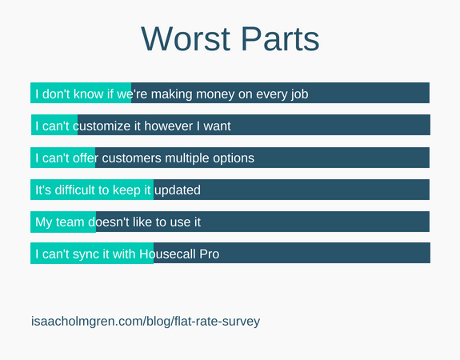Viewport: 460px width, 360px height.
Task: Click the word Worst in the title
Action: pyautogui.click(x=186, y=38)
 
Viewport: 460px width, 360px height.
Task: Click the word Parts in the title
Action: pyautogui.click(x=280, y=38)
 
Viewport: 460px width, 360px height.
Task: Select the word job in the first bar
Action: pyautogui.click(x=299, y=94)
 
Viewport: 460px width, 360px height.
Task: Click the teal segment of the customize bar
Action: pyautogui.click(x=54, y=125)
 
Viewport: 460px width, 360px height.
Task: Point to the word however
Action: pyautogui.click(x=168, y=126)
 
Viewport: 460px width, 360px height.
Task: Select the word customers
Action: pyautogui.click(x=131, y=158)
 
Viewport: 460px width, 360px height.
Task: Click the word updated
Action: pyautogui.click(x=178, y=190)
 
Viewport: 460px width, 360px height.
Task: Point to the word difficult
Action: pyautogui.click(x=75, y=190)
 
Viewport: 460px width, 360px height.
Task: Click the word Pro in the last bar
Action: pyautogui.click(x=210, y=254)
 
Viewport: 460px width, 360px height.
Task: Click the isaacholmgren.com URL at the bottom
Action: pyautogui.click(x=146, y=322)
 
